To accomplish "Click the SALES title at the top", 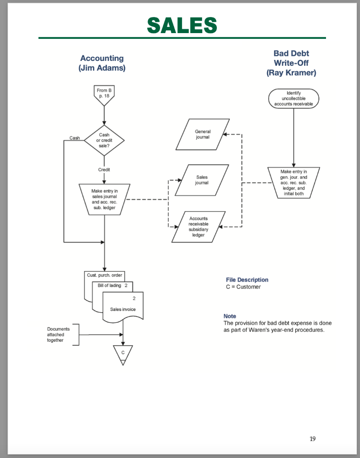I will coord(182,25).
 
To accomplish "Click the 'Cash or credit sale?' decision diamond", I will coord(104,140).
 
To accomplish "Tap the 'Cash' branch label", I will coord(75,138).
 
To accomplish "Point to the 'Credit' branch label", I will coord(104,170).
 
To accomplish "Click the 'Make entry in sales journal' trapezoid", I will coord(104,199).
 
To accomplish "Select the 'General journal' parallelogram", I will coord(202,134).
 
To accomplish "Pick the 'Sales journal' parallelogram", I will coord(202,180).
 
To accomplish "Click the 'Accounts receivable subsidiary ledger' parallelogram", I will coord(198,226).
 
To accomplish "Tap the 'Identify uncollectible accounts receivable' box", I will coord(294,98).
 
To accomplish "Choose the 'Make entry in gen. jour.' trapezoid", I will coord(294,182).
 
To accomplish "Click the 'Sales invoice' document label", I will coord(123,309).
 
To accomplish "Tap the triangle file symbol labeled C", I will coord(123,353).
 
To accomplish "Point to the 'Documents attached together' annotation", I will coord(56,335).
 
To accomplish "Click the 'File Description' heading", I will coord(247,280).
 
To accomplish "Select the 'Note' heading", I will coord(229,316).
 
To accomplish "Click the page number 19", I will coord(312,438).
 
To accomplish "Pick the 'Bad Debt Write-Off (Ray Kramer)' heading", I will coord(291,63).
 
